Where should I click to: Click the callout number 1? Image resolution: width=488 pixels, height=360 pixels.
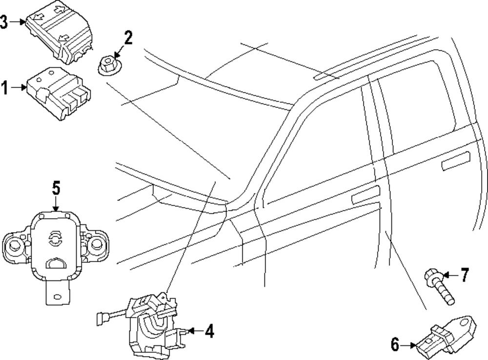pyautogui.click(x=4, y=88)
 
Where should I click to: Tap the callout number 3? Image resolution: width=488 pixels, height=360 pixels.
pyautogui.click(x=4, y=22)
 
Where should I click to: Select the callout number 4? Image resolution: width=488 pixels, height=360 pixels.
pyautogui.click(x=209, y=332)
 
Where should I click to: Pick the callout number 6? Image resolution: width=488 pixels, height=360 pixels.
pyautogui.click(x=395, y=345)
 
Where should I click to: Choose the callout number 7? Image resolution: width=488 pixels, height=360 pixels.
pyautogui.click(x=464, y=276)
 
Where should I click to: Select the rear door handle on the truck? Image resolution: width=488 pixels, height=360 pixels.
pyautogui.click(x=456, y=161)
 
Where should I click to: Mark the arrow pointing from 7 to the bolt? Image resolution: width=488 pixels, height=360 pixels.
pyautogui.click(x=451, y=276)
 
